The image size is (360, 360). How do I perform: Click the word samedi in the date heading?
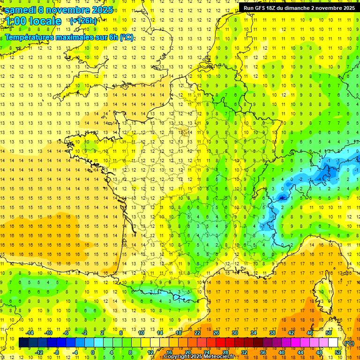pyautogui.click(x=21, y=10)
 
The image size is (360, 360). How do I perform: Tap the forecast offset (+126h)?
pyautogui.click(x=83, y=21)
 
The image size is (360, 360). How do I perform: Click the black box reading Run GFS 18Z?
pyautogui.click(x=299, y=8)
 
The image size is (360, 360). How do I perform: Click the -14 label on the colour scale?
pyautogui.click(x=30, y=333)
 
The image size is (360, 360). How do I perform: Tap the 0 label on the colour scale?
pyautogui.click(x=93, y=352)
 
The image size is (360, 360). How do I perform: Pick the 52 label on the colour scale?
pyautogui.click(x=338, y=352)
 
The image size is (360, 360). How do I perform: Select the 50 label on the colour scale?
pyautogui.click(x=328, y=333)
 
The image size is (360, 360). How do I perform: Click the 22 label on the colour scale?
pyautogui.click(x=197, y=333)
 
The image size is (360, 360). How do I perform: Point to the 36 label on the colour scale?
pyautogui.click(x=263, y=352)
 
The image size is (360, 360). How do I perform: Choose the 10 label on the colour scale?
pyautogui.click(x=141, y=333)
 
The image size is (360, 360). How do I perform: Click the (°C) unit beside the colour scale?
pyautogui.click(x=349, y=343)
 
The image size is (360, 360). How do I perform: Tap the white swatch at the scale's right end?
pyautogui.click(x=333, y=343)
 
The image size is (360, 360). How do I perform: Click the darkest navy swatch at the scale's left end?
pyautogui.click(x=24, y=343)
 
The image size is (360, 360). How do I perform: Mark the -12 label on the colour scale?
pyautogui.click(x=39, y=352)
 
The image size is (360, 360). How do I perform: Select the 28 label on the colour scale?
pyautogui.click(x=225, y=352)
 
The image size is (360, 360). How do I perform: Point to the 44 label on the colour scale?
pyautogui.click(x=300, y=352)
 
